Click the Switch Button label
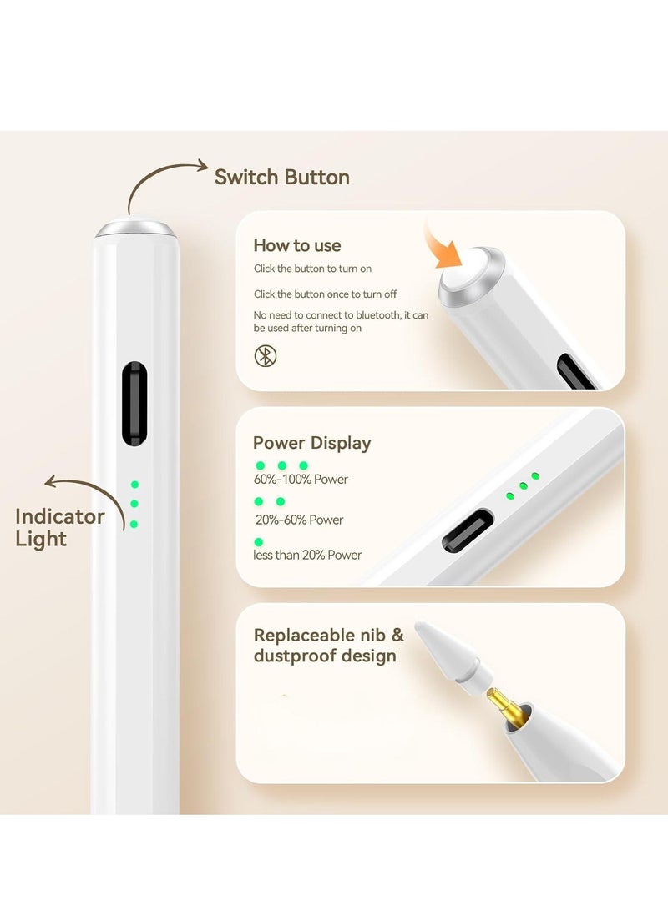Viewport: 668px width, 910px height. pos(281,177)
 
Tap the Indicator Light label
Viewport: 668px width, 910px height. pos(59,527)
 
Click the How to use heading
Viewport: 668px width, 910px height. pos(297,245)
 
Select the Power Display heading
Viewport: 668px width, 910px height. pos(311,443)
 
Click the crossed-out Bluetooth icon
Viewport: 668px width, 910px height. pos(266,356)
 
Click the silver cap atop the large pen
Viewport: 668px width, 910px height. pos(134,228)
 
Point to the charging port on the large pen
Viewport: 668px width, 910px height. pos(134,404)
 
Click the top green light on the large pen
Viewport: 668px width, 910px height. pos(134,485)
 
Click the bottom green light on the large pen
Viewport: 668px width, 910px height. pos(134,525)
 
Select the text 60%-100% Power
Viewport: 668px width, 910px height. pos(301,480)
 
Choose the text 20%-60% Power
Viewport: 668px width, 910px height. pos(299,520)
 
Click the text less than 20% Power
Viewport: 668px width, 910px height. pos(307,555)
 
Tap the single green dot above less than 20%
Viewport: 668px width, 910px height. pos(259,542)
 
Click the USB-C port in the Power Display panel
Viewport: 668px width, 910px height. pos(468,531)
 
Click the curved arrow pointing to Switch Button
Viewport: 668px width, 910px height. pos(164,182)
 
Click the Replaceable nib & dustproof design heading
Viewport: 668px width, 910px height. pos(328,646)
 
